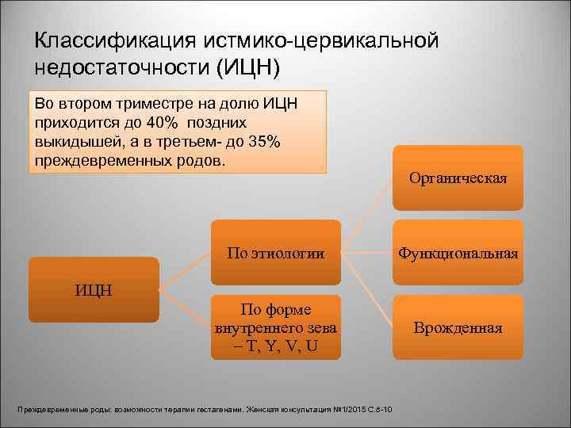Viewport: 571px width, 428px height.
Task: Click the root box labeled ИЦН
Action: (94, 289)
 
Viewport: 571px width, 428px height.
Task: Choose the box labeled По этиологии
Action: (275, 254)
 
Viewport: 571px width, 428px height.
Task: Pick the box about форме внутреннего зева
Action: (275, 328)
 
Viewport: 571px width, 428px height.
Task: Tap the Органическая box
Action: (458, 178)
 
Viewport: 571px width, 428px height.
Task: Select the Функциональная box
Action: (458, 254)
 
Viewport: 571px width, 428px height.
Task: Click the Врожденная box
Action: (458, 328)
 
